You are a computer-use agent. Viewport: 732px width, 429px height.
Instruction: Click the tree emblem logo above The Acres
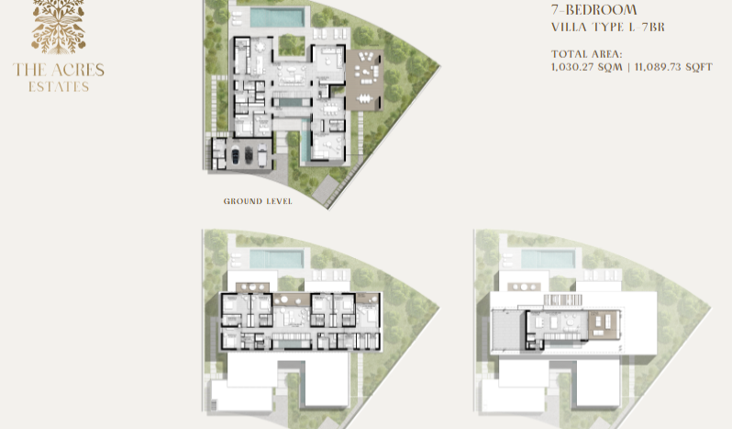[x=59, y=26]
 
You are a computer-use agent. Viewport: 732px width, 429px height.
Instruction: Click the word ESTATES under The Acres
[x=59, y=87]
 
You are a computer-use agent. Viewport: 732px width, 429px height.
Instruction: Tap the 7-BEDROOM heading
[x=593, y=10]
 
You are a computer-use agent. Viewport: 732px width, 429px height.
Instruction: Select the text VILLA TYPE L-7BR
[x=608, y=28]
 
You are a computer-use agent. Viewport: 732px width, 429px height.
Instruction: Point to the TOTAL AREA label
[x=586, y=54]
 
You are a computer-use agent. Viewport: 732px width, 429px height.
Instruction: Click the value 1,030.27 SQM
[x=586, y=67]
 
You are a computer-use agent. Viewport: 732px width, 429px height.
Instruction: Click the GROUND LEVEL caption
[x=258, y=201]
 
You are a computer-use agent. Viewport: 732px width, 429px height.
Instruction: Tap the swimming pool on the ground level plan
[x=277, y=17]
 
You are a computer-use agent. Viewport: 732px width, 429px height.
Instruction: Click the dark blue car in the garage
[x=236, y=154]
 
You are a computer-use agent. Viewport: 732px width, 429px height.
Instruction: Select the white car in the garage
[x=262, y=154]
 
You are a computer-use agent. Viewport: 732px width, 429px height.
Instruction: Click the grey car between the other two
[x=249, y=154]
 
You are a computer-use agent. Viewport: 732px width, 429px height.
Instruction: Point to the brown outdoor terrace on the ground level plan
[x=364, y=80]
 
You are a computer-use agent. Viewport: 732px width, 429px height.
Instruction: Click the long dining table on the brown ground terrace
[x=364, y=98]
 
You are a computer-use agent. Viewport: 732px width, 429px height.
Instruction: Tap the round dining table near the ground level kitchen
[x=259, y=47]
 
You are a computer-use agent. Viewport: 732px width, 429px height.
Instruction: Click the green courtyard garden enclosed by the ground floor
[x=292, y=45]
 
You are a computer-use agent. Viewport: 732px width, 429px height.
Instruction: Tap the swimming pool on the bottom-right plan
[x=548, y=259]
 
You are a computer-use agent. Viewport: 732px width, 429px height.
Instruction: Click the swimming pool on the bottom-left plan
[x=277, y=259]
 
